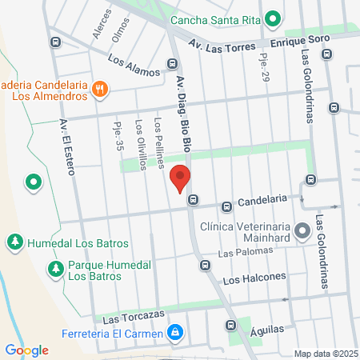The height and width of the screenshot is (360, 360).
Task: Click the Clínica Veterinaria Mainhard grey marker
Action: click(x=302, y=232)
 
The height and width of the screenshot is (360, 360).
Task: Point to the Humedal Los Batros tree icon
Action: click(x=14, y=242)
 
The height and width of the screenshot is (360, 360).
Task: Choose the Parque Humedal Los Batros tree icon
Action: click(x=54, y=268)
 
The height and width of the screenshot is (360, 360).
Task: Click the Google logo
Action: click(x=27, y=350)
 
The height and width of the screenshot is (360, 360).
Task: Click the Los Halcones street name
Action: click(x=254, y=278)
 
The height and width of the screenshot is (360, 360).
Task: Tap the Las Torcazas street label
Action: click(x=127, y=318)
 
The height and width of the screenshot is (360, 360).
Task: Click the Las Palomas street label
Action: click(x=236, y=254)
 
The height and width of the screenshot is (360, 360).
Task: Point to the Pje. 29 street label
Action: click(x=263, y=66)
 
